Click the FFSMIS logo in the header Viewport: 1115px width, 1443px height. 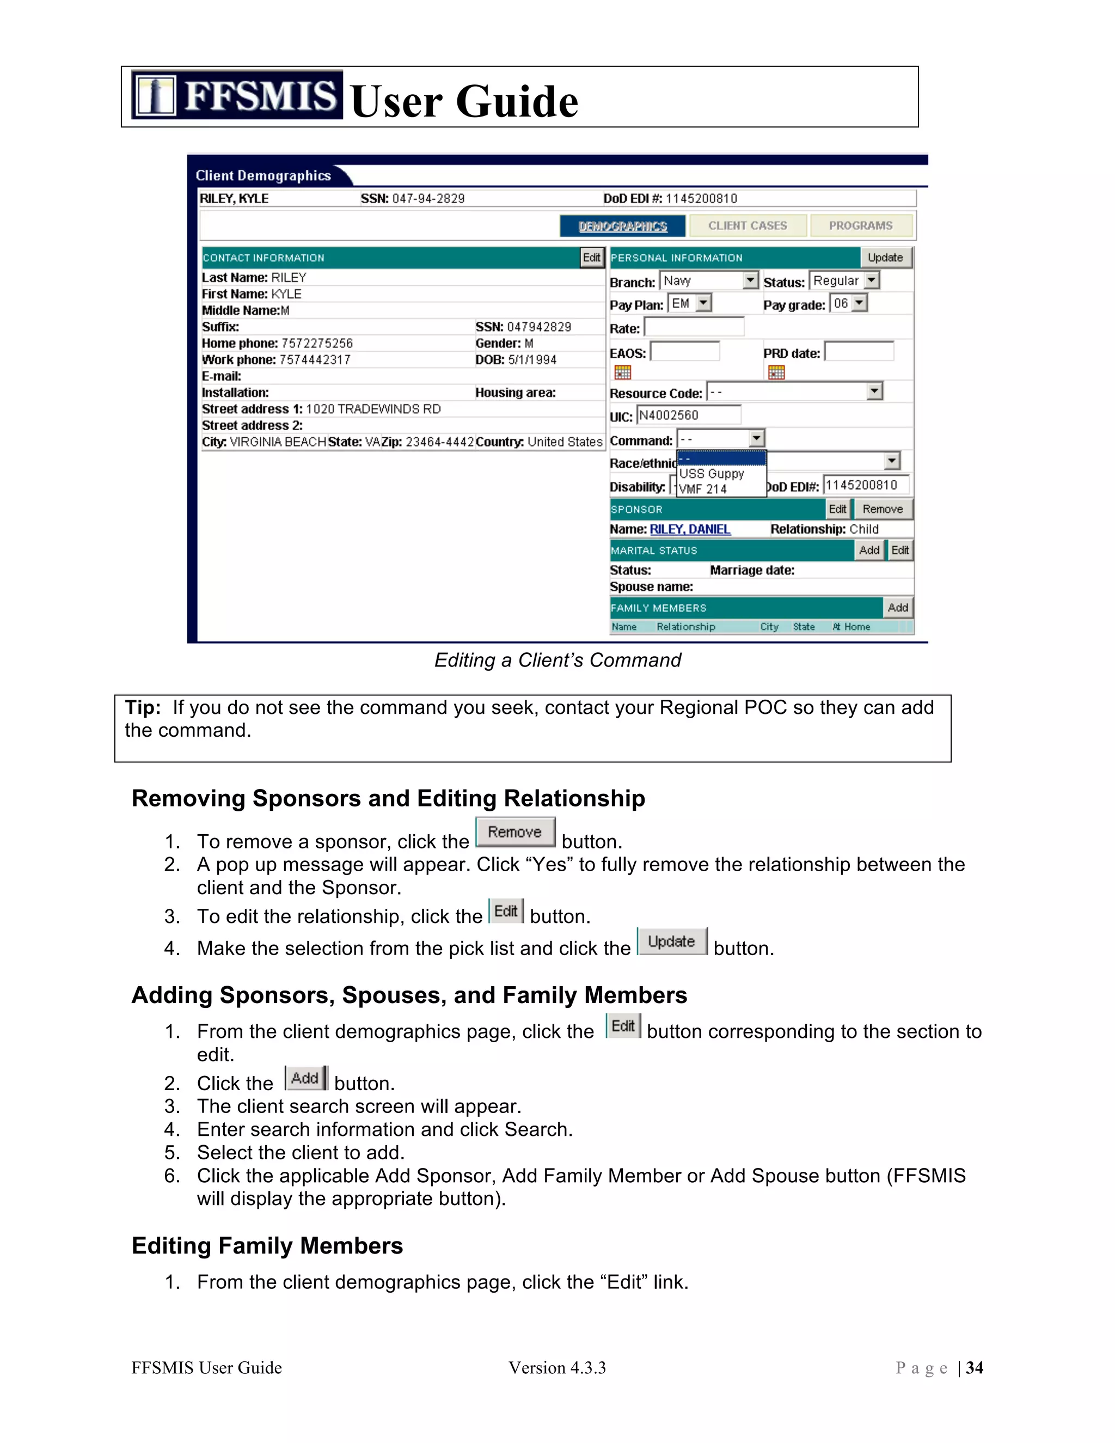(236, 95)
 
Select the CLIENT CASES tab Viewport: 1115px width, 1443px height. (747, 225)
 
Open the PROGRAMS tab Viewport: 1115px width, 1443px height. (860, 225)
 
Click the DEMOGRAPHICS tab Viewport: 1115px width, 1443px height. (622, 226)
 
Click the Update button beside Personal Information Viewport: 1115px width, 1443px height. (885, 258)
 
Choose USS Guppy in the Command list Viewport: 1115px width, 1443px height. (712, 474)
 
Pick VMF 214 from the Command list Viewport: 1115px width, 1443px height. (703, 489)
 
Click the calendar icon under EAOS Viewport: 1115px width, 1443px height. (622, 372)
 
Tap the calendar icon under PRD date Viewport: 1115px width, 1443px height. (776, 372)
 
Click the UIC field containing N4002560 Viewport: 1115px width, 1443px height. (688, 415)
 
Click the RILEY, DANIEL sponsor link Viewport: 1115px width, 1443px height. (690, 529)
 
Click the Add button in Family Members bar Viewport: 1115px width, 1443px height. (897, 608)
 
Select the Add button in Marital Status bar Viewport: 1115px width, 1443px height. (868, 551)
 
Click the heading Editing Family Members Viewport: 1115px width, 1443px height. (267, 1245)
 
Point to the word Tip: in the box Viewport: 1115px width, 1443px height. (143, 708)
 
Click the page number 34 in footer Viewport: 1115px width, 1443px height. (975, 1368)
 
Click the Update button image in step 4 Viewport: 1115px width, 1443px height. (671, 941)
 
